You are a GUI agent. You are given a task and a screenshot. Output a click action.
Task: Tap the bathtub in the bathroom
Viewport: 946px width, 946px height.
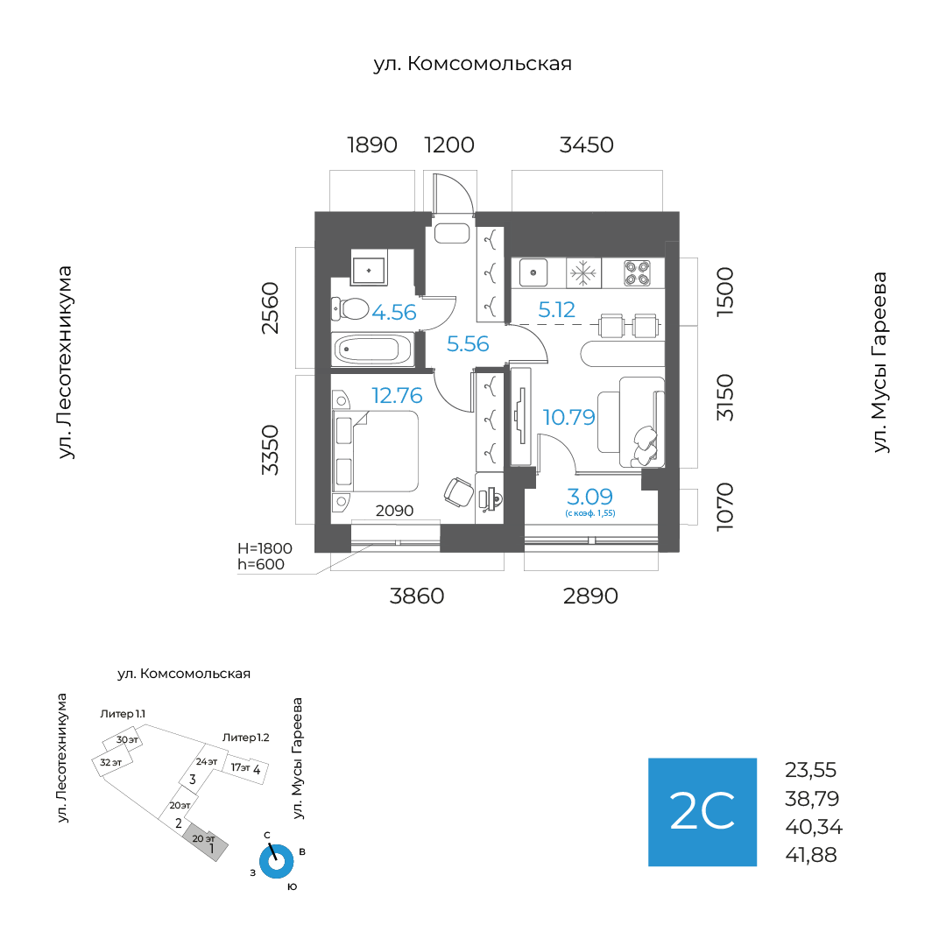(371, 350)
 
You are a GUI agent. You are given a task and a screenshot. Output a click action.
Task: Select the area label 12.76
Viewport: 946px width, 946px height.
(397, 395)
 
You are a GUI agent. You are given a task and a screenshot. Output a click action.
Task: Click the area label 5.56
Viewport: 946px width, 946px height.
(468, 343)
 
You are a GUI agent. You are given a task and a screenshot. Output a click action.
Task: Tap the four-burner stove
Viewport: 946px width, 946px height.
(637, 272)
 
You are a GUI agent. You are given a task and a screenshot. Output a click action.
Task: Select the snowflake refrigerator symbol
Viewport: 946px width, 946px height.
(583, 272)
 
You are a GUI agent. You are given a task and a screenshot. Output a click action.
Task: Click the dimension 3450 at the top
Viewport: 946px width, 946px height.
(586, 145)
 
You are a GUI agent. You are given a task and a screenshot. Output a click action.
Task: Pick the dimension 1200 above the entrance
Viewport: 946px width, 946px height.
(448, 145)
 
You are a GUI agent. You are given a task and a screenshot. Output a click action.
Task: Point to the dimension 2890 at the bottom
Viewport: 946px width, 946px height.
(590, 597)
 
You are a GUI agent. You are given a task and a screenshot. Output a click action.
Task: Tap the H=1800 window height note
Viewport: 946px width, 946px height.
(265, 548)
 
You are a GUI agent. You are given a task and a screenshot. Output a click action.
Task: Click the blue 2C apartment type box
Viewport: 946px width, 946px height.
(702, 812)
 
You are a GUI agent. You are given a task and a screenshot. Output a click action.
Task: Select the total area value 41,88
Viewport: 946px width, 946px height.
(810, 855)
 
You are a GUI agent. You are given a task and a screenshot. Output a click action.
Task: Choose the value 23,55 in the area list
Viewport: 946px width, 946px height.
(810, 771)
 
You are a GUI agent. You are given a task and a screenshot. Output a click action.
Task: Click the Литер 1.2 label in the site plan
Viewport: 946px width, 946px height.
(245, 738)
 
